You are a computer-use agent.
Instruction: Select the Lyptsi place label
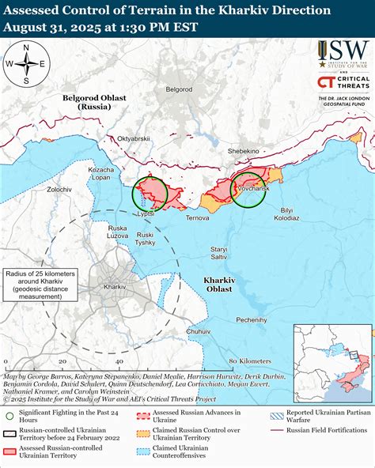(145, 214)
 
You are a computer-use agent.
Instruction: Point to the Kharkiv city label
(115, 285)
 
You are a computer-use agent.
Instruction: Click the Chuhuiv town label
(199, 331)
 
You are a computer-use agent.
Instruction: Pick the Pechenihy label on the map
(251, 320)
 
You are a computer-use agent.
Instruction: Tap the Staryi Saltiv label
(218, 254)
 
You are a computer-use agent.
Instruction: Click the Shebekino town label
(243, 150)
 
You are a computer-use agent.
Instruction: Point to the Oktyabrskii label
(133, 139)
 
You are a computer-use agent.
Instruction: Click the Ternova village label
(197, 217)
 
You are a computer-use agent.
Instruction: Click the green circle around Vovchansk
(249, 189)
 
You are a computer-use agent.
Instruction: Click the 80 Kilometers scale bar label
(244, 361)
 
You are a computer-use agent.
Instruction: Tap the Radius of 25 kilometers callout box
(37, 285)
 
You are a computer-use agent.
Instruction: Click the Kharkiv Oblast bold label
(218, 285)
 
